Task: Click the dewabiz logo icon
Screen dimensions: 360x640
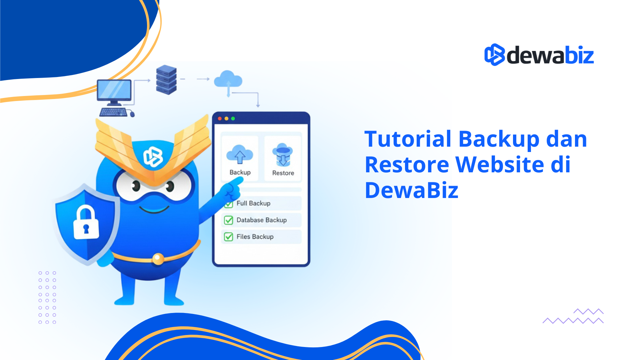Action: pos(494,55)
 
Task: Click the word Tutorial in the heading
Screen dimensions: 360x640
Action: pos(408,139)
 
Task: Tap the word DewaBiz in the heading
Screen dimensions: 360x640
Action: pos(411,190)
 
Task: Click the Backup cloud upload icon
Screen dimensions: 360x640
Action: pos(240,155)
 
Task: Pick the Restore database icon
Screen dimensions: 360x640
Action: pos(283,155)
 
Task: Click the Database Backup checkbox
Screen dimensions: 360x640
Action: pos(228,220)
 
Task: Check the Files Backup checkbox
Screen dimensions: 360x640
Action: pos(228,237)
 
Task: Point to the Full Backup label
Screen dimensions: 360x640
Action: pos(253,203)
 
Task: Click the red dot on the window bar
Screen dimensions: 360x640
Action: pos(220,119)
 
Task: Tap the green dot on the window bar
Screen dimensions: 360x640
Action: pos(233,119)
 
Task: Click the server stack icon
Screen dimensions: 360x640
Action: pos(166,80)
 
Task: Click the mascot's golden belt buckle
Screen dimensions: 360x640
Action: pos(158,259)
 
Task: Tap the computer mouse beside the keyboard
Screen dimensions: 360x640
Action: pos(132,114)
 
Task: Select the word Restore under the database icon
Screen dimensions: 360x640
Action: pos(283,173)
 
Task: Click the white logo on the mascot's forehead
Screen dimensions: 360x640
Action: pos(153,157)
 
